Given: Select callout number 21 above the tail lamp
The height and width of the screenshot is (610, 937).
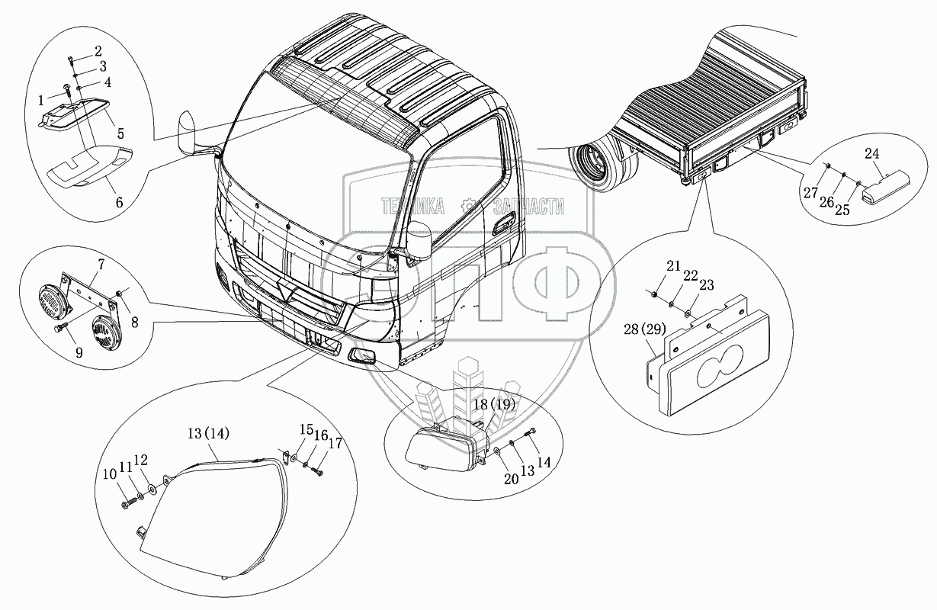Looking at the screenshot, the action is pyautogui.click(x=672, y=265).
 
